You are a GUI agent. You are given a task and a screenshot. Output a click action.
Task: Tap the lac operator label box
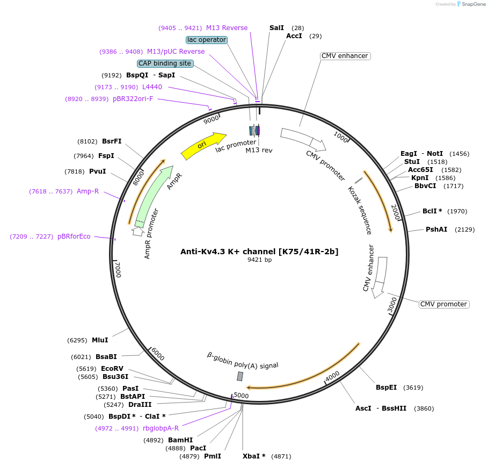(207, 40)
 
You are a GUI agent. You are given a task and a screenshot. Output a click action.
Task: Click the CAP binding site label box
(165, 63)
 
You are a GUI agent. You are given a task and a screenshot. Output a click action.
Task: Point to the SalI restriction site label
(276, 27)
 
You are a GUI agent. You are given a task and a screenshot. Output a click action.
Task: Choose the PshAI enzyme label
(436, 230)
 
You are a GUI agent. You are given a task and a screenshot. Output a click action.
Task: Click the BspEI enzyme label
(386, 387)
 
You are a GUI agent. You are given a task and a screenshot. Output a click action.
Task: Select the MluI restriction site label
(100, 340)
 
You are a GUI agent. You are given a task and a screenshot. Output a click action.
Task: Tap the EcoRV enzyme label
(112, 369)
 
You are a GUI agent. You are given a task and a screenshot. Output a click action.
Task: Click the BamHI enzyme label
(180, 440)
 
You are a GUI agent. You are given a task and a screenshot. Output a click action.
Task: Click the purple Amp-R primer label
(88, 191)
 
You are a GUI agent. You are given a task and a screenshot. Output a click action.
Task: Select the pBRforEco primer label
(74, 236)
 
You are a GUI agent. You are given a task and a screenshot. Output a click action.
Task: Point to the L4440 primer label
(152, 87)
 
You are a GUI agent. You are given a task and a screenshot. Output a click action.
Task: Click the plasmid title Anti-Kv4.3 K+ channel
(259, 251)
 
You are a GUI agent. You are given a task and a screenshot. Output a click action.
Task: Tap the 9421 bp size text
(259, 260)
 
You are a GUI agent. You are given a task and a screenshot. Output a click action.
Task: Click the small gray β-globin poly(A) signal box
(240, 376)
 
